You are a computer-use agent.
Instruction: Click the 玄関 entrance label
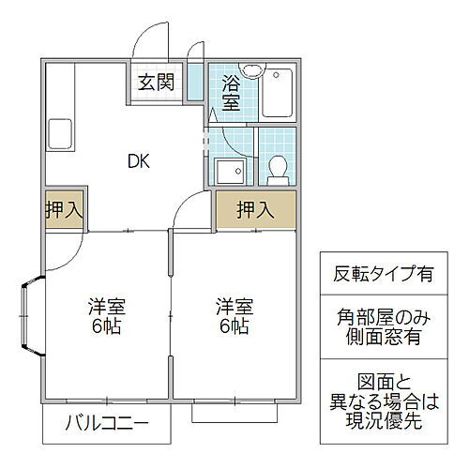click(157, 83)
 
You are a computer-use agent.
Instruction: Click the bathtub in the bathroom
click(280, 94)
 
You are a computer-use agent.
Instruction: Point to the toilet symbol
click(278, 168)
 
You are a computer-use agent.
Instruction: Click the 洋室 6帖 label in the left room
click(106, 316)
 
